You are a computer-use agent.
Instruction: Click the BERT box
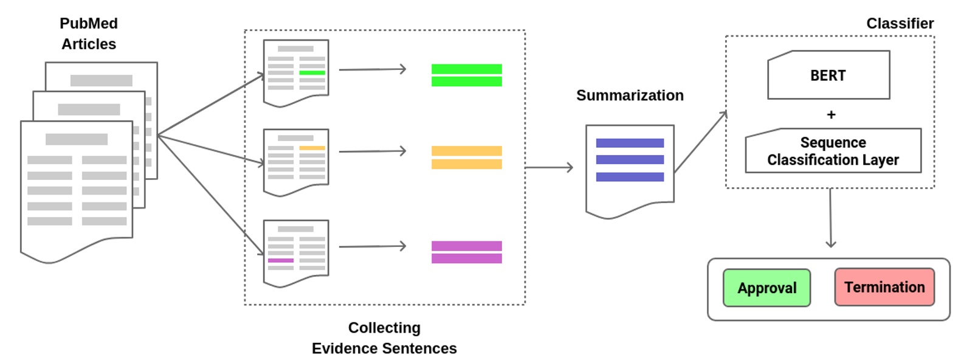coord(828,75)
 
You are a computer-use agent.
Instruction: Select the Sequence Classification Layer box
coord(833,151)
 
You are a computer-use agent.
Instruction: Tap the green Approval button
coord(766,288)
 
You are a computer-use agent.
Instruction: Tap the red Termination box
coord(884,287)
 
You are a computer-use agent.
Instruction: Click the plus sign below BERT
coord(831,114)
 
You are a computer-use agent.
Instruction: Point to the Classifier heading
coord(900,23)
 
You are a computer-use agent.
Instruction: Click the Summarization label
coord(630,95)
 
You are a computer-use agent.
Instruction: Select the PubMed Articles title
coord(89,33)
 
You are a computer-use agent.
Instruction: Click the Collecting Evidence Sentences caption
coord(384,337)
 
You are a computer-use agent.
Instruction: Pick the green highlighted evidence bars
coord(466,75)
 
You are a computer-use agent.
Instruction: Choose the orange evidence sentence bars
coord(466,157)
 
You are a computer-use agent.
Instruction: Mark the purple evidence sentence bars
coord(466,252)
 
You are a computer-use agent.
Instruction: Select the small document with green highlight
coord(296,72)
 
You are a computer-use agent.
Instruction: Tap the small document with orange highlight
coord(296,161)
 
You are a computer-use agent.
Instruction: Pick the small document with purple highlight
coord(296,252)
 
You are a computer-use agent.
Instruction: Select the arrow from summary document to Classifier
coord(700,142)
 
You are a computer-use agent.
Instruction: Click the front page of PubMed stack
coord(77,189)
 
